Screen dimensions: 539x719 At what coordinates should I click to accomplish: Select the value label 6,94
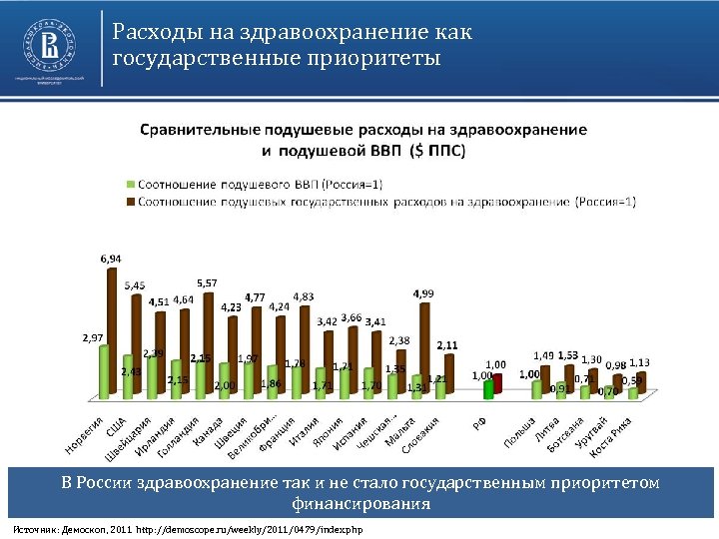tap(111, 258)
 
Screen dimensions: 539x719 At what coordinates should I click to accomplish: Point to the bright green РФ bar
tap(487, 390)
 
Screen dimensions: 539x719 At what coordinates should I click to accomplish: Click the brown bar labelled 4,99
tap(423, 349)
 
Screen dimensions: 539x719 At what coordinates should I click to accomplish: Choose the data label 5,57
tap(207, 282)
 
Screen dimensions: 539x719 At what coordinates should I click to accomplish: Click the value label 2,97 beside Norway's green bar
tap(93, 337)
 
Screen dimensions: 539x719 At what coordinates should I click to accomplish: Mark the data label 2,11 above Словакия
tap(447, 344)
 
